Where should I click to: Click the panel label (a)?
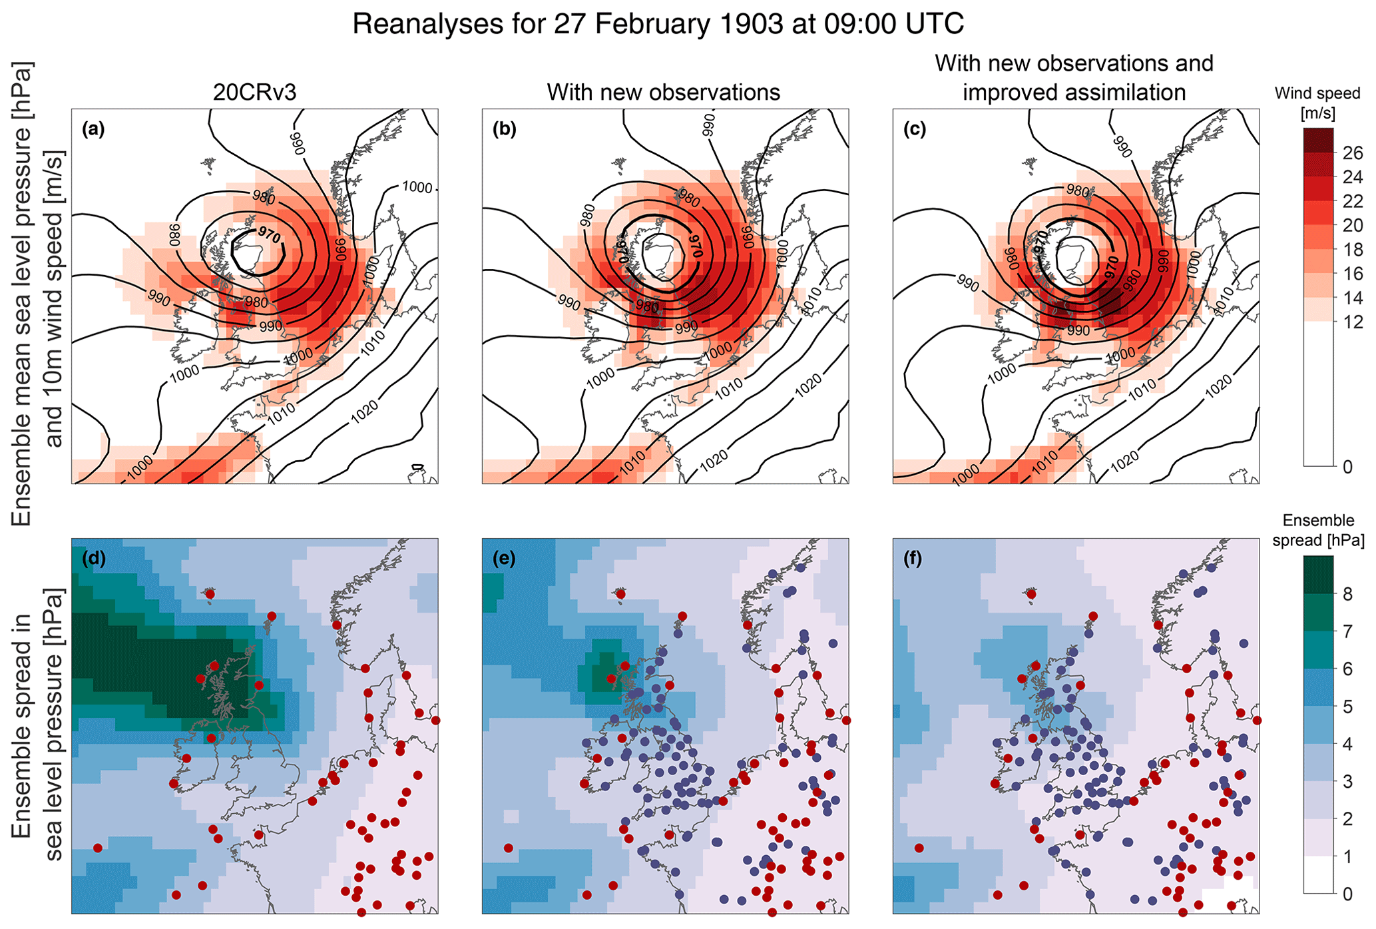point(93,129)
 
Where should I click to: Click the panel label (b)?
point(504,129)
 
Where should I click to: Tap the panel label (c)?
point(915,129)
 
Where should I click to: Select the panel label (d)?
point(93,559)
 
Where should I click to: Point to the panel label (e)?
point(504,559)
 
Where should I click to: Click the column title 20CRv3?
point(254,93)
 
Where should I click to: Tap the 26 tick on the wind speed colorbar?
point(1353,154)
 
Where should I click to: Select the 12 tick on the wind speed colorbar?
point(1353,322)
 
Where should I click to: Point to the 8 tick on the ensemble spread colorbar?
point(1347,595)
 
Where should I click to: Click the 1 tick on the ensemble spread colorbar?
point(1347,856)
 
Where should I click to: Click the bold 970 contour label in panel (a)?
point(270,234)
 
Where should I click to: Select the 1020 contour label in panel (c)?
point(1218,386)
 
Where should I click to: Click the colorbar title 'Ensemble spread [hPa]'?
point(1317,530)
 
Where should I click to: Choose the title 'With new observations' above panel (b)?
point(663,93)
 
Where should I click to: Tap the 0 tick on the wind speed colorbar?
point(1347,467)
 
